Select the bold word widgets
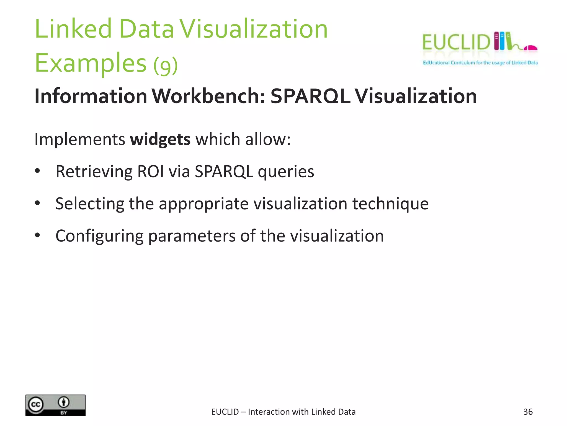point(160,139)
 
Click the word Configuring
point(99,236)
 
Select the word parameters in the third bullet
point(192,236)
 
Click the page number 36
point(528,412)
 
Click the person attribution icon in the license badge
point(64,402)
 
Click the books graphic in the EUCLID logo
point(502,41)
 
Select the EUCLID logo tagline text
point(480,63)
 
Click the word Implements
point(79,139)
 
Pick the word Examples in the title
point(90,63)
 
